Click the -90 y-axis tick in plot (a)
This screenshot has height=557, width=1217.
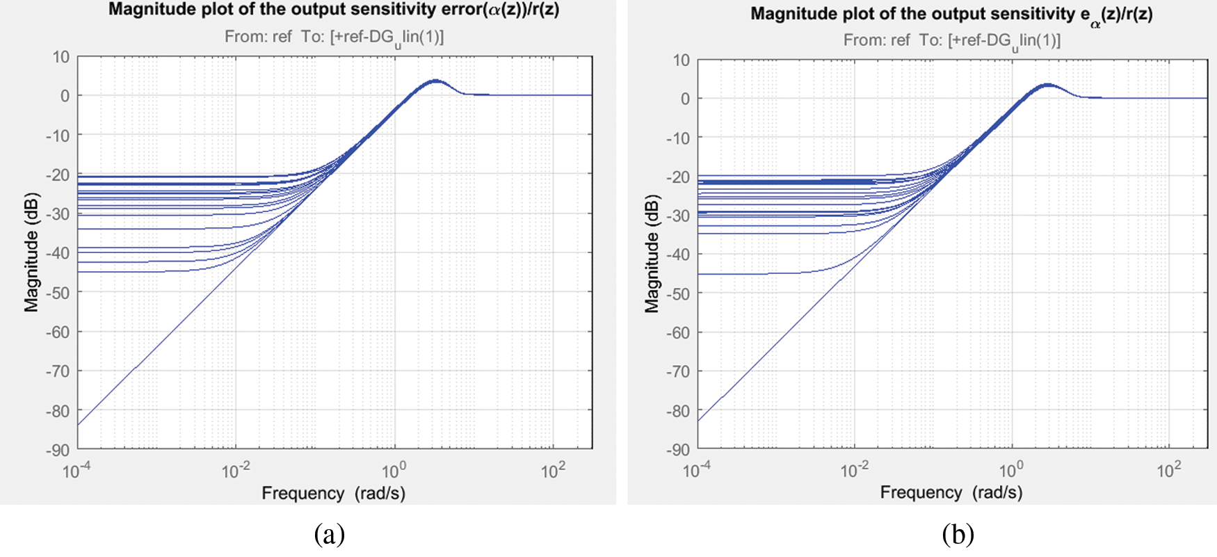coord(58,451)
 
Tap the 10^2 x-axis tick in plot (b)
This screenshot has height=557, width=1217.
coord(1169,471)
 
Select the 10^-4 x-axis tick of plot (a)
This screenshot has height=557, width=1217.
coord(76,471)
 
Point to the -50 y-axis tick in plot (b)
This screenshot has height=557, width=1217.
coord(678,294)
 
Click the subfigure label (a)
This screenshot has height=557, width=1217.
coord(329,534)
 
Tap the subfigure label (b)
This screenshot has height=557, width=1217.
coord(958,534)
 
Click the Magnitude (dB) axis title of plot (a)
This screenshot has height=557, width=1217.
coord(31,252)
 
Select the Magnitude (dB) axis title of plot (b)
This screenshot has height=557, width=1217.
coord(652,253)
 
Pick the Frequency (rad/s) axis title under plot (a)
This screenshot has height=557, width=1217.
coord(333,493)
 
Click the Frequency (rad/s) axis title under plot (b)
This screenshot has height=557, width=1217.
coord(951,492)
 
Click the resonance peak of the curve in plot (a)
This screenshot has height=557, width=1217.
coord(435,81)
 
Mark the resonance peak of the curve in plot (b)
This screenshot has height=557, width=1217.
coord(1047,85)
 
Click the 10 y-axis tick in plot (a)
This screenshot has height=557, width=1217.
coord(61,57)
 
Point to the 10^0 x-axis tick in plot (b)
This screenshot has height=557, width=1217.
coord(1011,471)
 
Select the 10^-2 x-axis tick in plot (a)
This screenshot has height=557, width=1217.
coord(235,471)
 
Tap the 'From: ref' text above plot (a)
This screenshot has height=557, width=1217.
coord(258,36)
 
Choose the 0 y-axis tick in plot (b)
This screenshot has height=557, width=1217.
coord(685,99)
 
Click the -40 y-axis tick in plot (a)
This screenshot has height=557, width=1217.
coord(58,254)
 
